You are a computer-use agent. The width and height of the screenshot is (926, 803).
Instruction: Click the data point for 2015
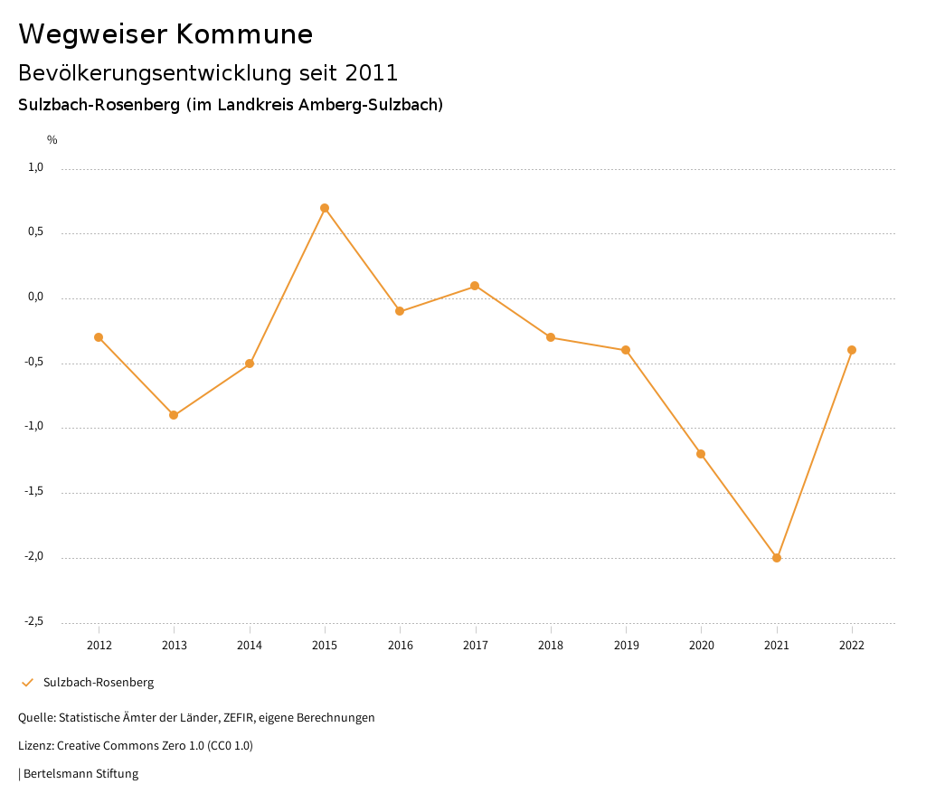(x=325, y=208)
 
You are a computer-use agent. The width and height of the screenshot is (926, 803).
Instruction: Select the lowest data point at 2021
(x=777, y=558)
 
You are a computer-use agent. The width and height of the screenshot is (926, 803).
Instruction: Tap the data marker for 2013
(x=174, y=415)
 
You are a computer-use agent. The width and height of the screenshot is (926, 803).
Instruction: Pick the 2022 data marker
(x=852, y=350)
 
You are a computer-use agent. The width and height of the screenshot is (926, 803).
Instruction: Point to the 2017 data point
(x=475, y=286)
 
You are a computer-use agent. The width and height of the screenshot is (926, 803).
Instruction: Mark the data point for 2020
(x=701, y=454)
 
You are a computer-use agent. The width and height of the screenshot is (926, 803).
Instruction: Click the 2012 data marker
(x=99, y=337)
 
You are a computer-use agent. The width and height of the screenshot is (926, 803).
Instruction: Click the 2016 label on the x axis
(x=400, y=646)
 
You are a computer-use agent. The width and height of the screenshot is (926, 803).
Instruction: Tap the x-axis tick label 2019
(x=626, y=646)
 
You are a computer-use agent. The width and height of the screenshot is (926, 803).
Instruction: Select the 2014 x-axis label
(x=250, y=646)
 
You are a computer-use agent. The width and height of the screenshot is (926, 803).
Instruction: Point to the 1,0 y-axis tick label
(x=35, y=167)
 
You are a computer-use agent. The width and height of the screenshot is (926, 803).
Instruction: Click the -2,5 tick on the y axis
(x=33, y=621)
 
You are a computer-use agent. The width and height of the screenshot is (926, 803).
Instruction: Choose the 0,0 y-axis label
(x=35, y=297)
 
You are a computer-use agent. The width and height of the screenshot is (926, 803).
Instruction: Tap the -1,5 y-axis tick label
(x=33, y=491)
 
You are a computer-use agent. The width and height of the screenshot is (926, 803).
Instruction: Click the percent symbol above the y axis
(x=52, y=140)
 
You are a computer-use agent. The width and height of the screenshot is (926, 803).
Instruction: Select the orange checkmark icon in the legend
(x=27, y=683)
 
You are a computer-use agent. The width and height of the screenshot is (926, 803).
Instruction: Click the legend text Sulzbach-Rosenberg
(x=99, y=683)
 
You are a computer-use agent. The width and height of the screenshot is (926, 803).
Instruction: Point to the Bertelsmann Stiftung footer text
(x=80, y=774)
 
